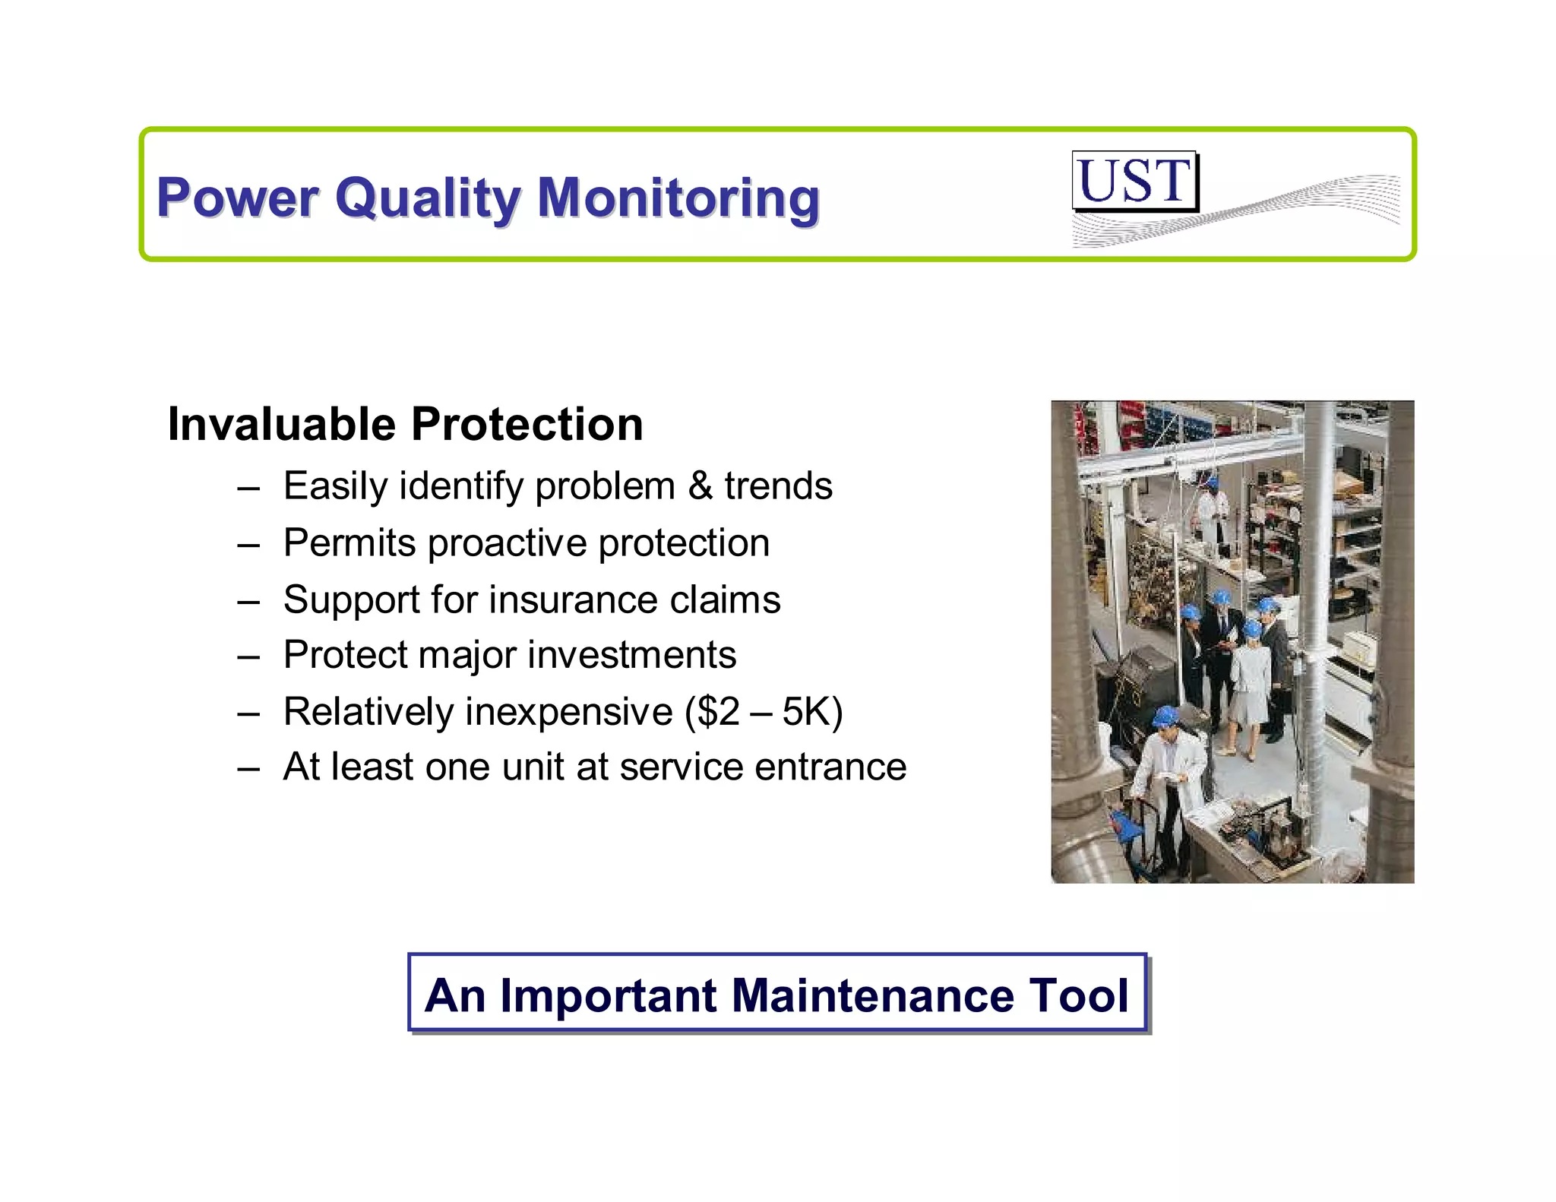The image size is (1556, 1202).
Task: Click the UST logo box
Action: (1134, 181)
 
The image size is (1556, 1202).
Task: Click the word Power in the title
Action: (237, 198)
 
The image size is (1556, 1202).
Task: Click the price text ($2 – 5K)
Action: (764, 712)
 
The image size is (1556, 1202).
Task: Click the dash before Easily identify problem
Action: (248, 487)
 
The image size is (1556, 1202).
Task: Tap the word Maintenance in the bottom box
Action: (872, 995)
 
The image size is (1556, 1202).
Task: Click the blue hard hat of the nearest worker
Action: (1164, 716)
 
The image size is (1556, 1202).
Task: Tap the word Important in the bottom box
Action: (608, 995)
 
